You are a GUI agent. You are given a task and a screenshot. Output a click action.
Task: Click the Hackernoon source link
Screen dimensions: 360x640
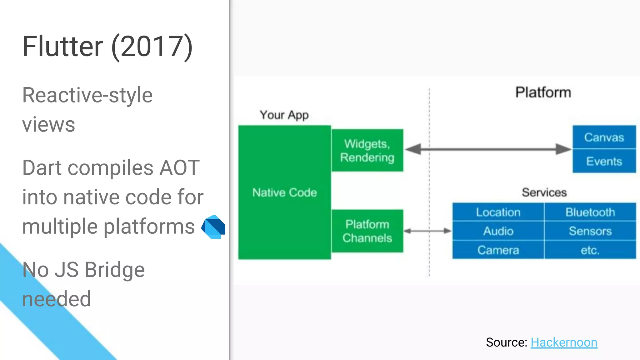564,342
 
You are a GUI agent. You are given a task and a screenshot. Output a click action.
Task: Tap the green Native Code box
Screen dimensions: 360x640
284,192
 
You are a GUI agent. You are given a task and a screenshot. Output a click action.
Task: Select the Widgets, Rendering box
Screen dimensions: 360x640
367,150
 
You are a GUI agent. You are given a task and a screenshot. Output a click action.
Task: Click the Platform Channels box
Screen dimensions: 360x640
367,231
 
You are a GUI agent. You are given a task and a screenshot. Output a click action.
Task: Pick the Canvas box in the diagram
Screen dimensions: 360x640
604,137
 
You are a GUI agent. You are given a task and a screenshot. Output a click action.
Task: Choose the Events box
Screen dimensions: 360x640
604,161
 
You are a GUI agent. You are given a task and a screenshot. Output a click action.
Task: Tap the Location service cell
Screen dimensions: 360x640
498,212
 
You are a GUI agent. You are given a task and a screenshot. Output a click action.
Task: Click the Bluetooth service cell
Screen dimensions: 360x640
590,212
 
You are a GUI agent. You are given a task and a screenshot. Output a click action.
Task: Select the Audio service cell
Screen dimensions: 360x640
498,231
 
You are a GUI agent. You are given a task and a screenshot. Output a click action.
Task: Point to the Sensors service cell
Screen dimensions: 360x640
590,231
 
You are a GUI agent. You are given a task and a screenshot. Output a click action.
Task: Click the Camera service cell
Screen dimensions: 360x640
498,250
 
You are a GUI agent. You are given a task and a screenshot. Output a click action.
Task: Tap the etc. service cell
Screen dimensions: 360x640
590,250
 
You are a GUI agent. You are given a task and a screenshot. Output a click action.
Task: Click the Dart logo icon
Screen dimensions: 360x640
213,227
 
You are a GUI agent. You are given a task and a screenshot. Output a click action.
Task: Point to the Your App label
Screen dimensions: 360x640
284,115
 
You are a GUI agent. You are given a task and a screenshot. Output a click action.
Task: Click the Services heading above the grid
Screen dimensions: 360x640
544,192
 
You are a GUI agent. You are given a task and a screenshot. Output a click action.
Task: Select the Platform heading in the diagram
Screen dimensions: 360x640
543,92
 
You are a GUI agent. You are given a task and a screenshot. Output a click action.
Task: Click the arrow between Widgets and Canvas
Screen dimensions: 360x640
487,149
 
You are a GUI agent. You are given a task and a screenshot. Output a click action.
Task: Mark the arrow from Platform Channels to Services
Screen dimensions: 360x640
427,231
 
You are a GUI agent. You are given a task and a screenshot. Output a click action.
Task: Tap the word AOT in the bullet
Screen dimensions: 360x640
179,168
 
